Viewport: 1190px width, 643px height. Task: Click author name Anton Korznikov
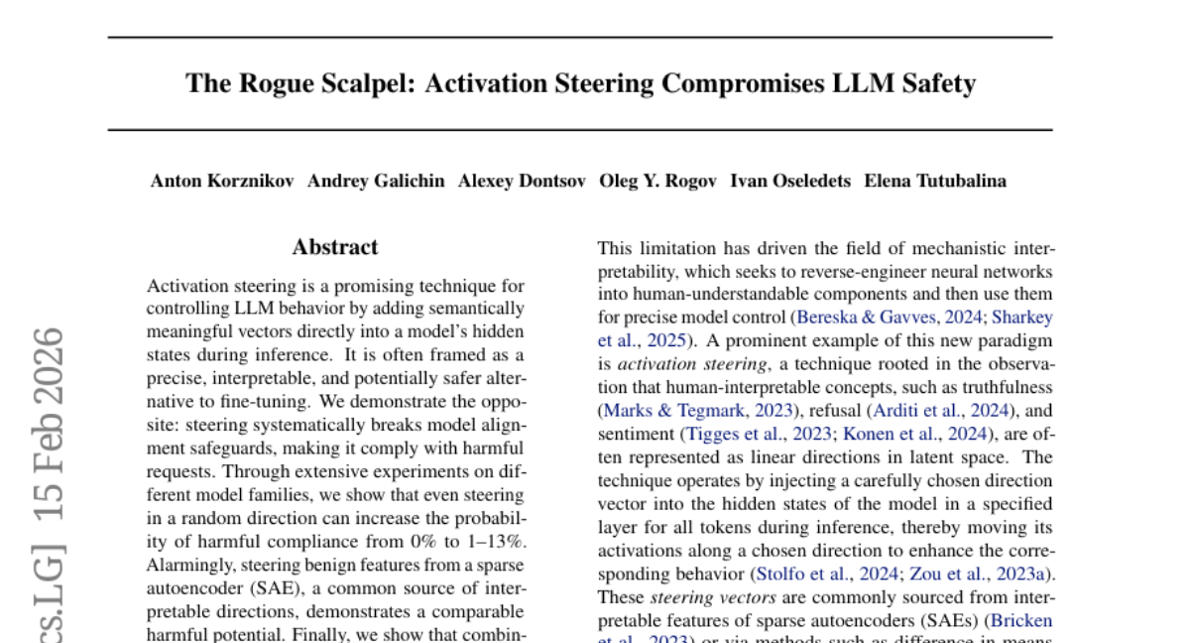click(x=222, y=181)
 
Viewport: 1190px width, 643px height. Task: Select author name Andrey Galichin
click(x=376, y=181)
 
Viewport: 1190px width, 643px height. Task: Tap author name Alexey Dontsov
click(x=522, y=181)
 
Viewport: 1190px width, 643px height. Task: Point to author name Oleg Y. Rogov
click(x=658, y=181)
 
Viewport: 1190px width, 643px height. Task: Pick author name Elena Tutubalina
click(x=935, y=181)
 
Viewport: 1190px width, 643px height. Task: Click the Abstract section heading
click(x=335, y=247)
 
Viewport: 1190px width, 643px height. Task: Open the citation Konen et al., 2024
click(x=915, y=434)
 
